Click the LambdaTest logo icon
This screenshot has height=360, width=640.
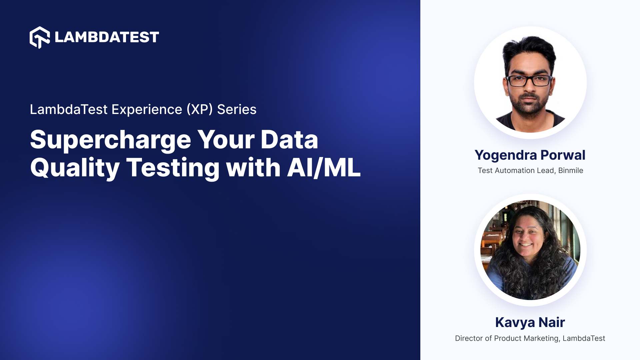click(40, 37)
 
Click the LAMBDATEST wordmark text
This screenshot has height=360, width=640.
click(107, 37)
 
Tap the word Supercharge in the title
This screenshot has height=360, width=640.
click(110, 140)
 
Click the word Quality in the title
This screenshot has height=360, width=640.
click(75, 168)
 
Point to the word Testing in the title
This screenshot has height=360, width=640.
click(172, 168)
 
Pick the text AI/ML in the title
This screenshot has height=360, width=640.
click(324, 168)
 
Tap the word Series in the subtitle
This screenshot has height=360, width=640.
click(237, 109)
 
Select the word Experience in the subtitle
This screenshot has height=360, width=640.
click(147, 109)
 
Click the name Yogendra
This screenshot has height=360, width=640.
click(506, 155)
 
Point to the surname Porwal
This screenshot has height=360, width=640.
click(563, 155)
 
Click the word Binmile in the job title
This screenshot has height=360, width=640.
click(571, 170)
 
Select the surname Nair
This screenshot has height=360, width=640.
click(552, 322)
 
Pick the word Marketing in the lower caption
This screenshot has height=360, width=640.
click(541, 338)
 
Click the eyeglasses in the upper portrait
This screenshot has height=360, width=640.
click(529, 81)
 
